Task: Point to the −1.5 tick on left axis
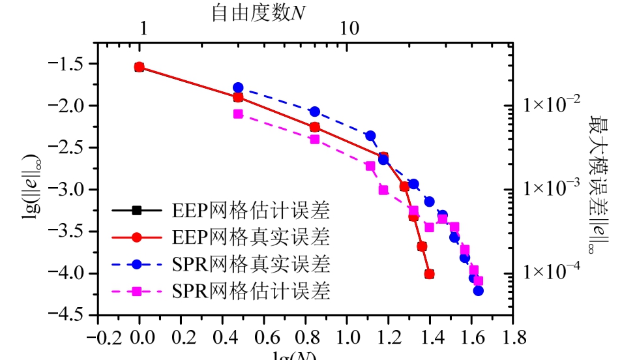click(73, 64)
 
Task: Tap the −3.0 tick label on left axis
click(73, 190)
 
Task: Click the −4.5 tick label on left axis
click(73, 315)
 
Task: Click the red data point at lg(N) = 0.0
click(139, 67)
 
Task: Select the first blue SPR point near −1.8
click(238, 87)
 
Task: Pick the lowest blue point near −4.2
click(478, 291)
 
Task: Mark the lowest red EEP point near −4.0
click(429, 275)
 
